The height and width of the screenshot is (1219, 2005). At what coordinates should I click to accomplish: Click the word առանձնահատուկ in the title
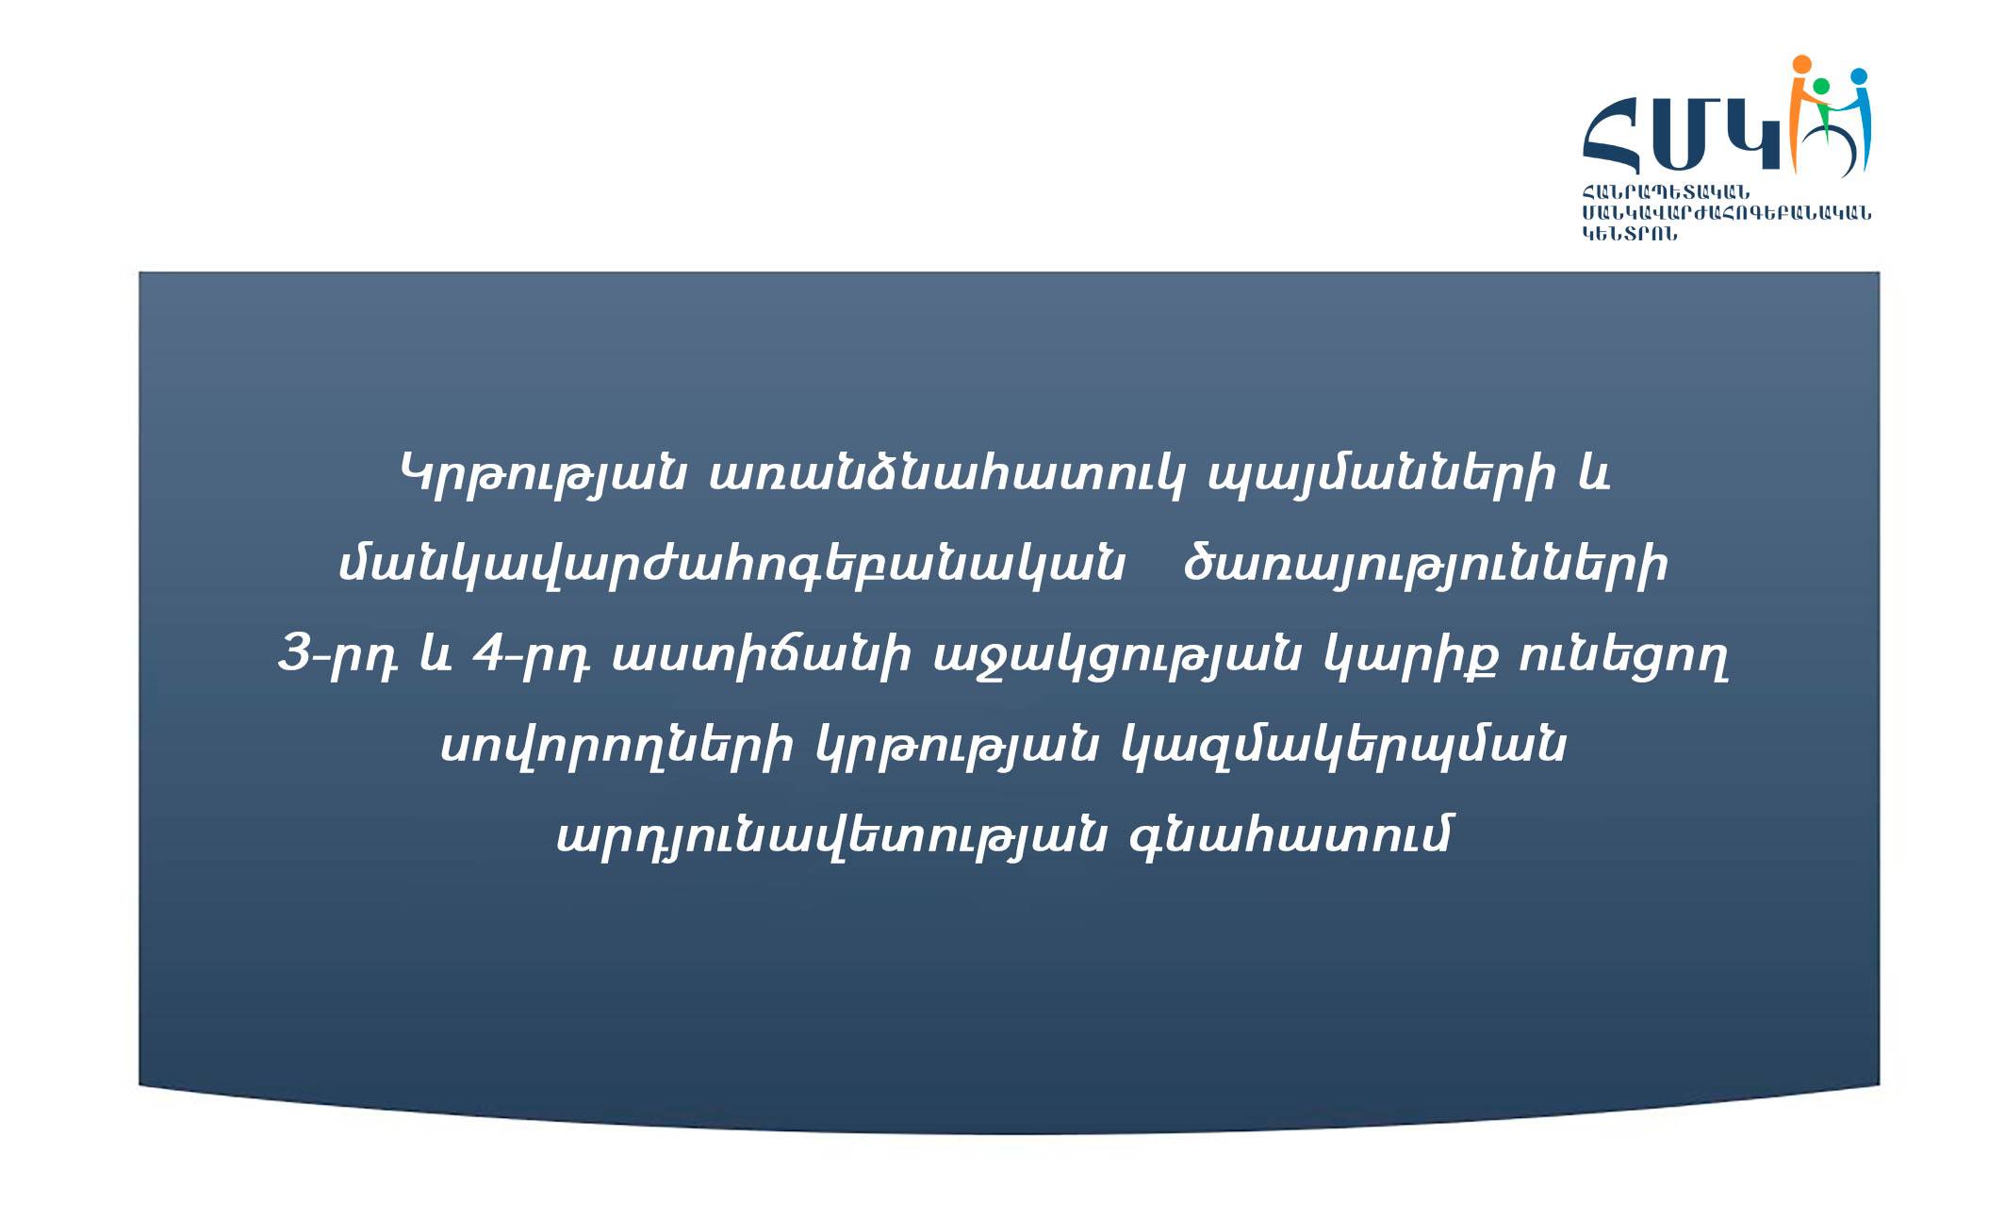tap(945, 475)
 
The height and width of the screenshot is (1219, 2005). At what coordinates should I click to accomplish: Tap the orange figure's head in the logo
tap(1801, 64)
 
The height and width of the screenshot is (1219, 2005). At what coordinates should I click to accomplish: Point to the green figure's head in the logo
tap(1821, 86)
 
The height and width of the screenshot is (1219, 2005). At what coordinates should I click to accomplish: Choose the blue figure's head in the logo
tap(1859, 76)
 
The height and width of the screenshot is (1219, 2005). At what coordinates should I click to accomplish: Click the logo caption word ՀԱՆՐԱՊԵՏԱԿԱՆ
tap(1666, 193)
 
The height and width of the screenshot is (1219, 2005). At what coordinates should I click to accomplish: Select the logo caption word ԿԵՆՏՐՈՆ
tap(1630, 234)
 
